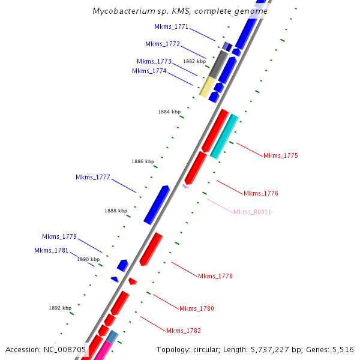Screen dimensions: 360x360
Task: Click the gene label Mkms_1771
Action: (x=171, y=26)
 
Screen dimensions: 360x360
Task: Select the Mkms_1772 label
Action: (x=162, y=44)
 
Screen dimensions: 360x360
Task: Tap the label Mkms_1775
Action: (x=280, y=156)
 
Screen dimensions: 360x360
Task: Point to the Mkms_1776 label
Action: (x=260, y=194)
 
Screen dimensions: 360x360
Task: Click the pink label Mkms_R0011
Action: (x=252, y=212)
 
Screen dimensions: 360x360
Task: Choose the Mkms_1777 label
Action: (x=92, y=177)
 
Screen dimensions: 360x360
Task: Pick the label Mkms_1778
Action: (x=215, y=277)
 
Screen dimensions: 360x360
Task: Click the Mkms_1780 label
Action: (x=196, y=309)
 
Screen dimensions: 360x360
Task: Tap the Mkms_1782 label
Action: (x=183, y=331)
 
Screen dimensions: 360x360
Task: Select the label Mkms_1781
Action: (x=51, y=250)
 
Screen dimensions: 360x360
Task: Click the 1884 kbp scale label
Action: (x=169, y=112)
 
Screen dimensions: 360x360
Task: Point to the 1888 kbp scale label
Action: (x=116, y=211)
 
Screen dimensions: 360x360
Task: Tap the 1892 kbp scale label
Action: (x=60, y=308)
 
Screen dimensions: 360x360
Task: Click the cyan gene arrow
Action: (x=224, y=136)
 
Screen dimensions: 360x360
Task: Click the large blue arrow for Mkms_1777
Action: (x=157, y=205)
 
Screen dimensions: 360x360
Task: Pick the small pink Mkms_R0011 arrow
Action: (x=186, y=187)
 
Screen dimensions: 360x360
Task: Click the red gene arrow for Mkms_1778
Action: (x=151, y=248)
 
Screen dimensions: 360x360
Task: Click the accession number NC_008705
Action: (x=65, y=350)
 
